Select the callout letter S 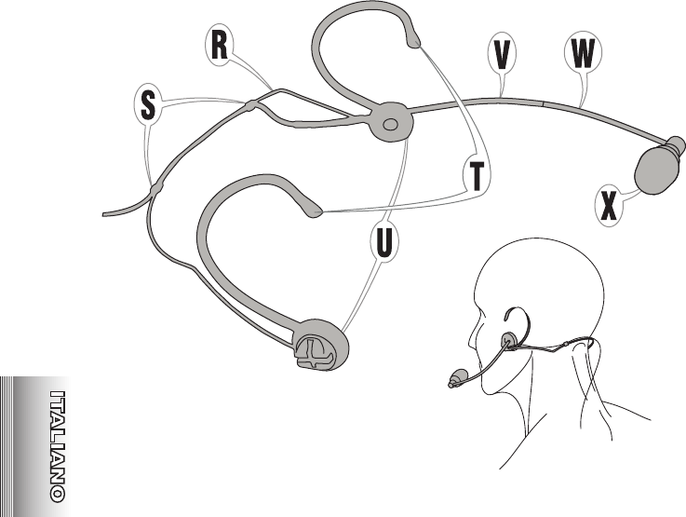coord(148,105)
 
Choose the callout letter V coord(502,55)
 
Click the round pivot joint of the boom coord(389,123)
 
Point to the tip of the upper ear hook coord(413,39)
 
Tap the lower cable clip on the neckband coord(155,189)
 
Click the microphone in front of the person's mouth coord(455,379)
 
